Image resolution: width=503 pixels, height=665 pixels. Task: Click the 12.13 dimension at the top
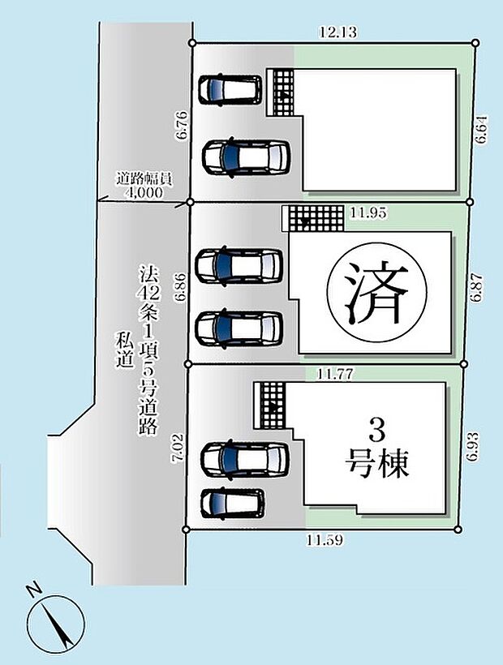pos(338,32)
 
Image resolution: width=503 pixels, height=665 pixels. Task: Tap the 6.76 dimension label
pos(182,127)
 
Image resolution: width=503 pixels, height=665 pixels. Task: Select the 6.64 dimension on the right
pos(482,130)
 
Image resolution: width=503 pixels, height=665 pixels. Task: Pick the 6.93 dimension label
pos(474,447)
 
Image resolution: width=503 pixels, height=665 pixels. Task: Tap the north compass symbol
pos(55,620)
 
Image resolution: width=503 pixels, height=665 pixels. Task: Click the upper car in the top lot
pos(231,89)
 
